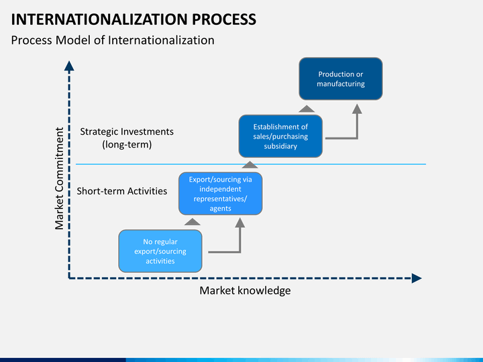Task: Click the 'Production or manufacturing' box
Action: pos(341,79)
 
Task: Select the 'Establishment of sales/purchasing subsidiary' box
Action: pos(280,136)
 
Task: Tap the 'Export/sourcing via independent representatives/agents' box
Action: pos(221,194)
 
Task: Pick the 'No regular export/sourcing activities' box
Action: pos(160,251)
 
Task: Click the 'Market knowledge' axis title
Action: pos(246,290)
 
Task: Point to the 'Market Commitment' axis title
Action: pos(59,178)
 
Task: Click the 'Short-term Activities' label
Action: pos(122,191)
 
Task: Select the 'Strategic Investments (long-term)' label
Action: pos(127,138)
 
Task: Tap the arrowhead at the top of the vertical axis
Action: pos(69,66)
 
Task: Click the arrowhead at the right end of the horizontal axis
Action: pos(417,278)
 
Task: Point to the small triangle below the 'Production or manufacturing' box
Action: pos(307,109)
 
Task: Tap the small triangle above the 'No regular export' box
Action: pos(193,222)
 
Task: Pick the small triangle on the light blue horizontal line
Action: pos(250,165)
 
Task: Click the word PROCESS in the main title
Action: pos(224,19)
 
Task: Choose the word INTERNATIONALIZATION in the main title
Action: pos(99,19)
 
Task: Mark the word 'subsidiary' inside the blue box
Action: pos(280,146)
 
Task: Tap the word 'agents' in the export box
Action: pos(221,208)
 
